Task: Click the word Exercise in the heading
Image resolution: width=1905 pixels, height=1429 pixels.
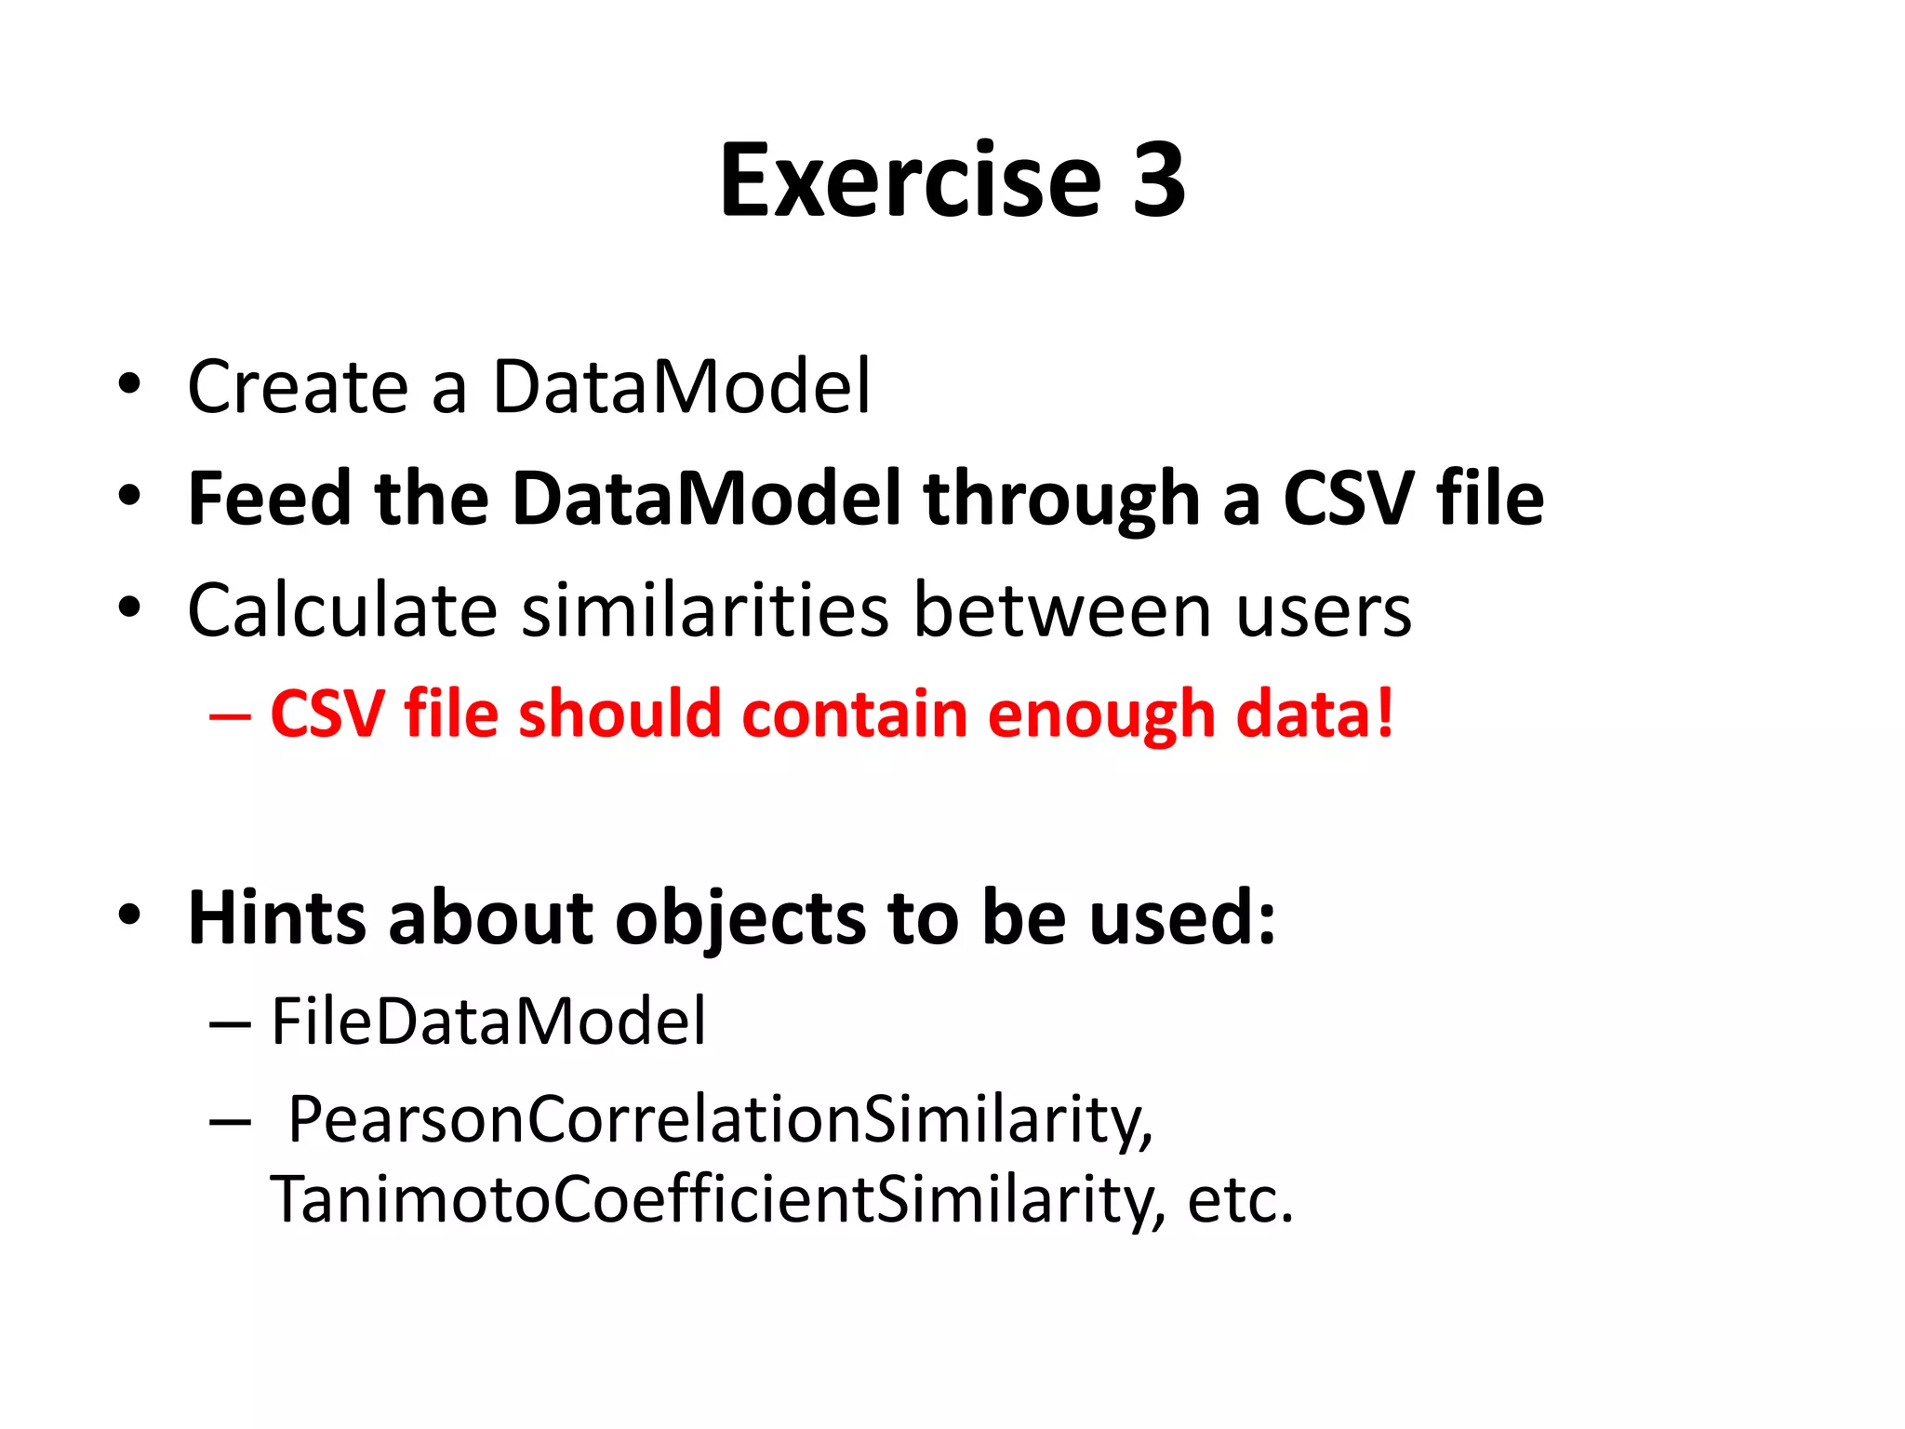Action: (910, 180)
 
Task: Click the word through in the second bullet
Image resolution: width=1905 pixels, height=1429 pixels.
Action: (1060, 501)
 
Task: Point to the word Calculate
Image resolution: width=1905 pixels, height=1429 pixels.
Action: (342, 611)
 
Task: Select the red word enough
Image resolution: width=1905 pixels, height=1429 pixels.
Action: (1100, 714)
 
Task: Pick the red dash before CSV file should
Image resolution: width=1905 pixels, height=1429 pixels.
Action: (230, 716)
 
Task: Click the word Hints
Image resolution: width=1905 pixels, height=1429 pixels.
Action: (276, 918)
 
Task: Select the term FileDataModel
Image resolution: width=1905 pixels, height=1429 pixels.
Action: (488, 1022)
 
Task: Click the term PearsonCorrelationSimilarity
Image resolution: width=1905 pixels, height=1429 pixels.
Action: (720, 1120)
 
